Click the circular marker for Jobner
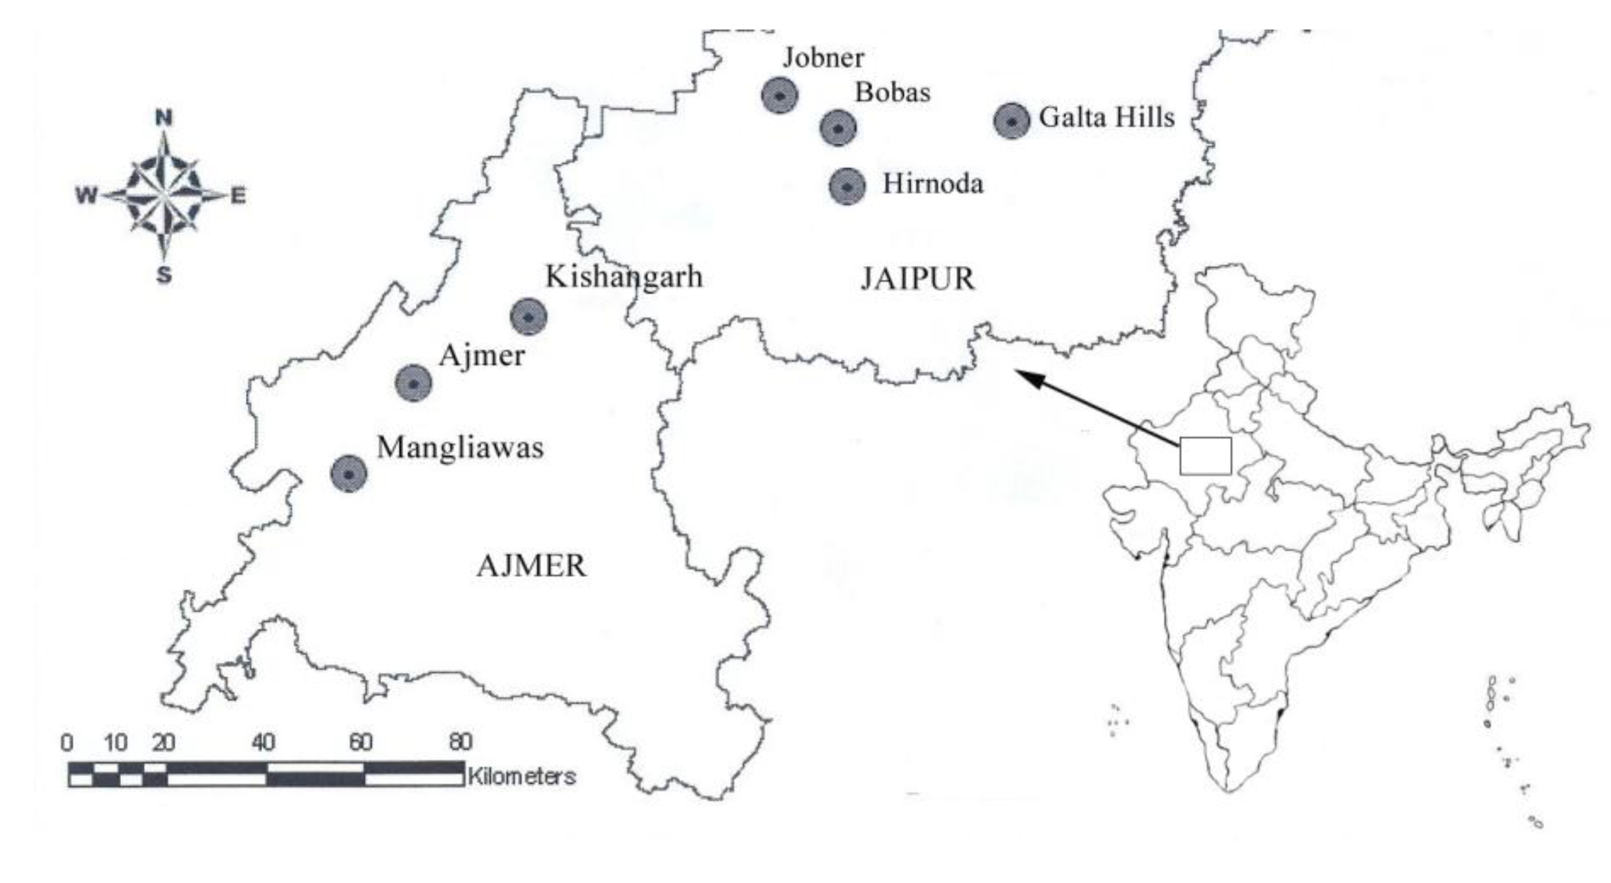pos(779,96)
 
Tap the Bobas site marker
pos(837,128)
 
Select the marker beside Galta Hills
pos(1011,121)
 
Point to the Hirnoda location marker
pos(847,186)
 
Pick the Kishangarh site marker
pos(528,317)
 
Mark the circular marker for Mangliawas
pos(349,474)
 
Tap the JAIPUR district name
pos(917,279)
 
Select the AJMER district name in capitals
pos(532,566)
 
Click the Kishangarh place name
pos(624,277)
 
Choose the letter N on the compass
pos(164,117)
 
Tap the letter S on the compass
pos(164,274)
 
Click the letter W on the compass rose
pos(87,196)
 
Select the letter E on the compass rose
pos(238,197)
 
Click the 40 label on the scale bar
pos(263,743)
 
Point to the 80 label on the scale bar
pos(460,742)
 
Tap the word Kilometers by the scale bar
pos(522,776)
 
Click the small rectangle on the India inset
pos(1205,456)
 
